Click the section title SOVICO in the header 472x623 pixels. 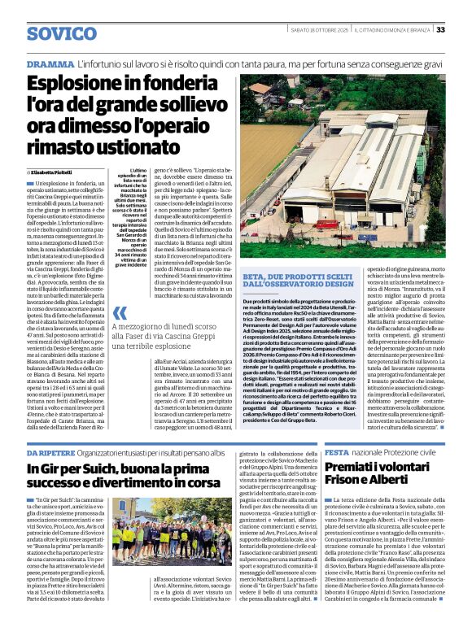coord(62,34)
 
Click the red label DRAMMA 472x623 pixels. coord(50,63)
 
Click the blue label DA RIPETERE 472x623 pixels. coord(53,452)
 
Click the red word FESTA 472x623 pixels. coord(337,451)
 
